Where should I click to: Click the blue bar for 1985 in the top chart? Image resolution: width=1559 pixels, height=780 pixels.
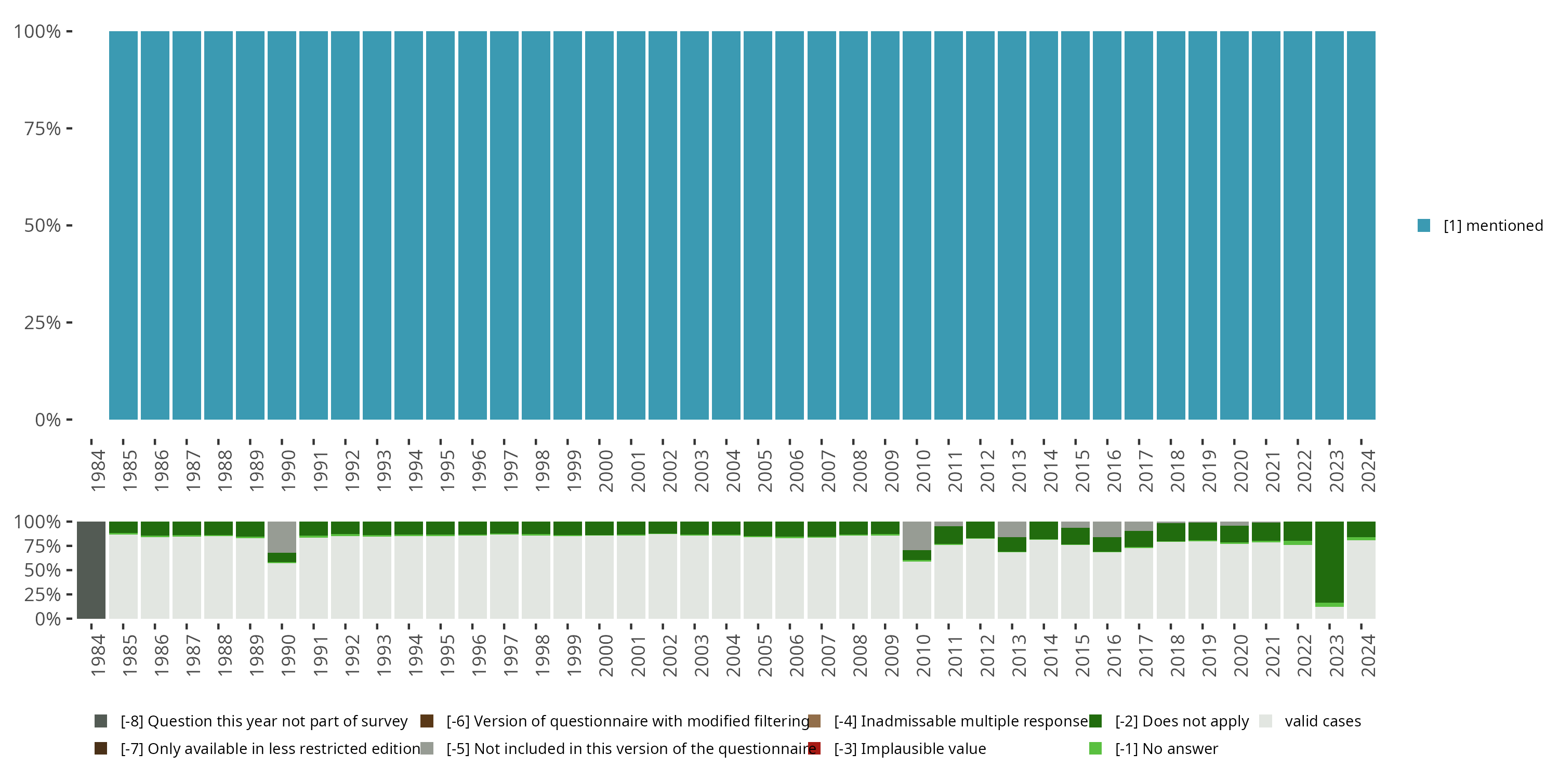[124, 225]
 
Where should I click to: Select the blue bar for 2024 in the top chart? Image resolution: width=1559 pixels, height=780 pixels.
[1361, 225]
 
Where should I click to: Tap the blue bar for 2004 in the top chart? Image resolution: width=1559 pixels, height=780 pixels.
[726, 225]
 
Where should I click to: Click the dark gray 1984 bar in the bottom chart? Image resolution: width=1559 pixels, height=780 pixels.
[91, 570]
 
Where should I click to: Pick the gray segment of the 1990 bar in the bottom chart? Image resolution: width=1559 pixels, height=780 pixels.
[282, 537]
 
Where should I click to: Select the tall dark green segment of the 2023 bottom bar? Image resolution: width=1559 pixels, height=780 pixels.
[1330, 562]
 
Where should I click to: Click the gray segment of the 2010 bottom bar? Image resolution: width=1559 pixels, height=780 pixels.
[917, 536]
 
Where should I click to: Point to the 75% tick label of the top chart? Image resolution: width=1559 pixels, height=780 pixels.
[43, 128]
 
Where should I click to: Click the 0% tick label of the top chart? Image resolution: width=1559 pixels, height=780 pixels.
[48, 420]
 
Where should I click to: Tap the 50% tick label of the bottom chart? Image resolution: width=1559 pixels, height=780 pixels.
[43, 570]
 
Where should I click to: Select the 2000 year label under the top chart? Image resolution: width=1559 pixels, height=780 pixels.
[606, 471]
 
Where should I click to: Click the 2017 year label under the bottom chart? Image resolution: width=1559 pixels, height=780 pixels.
[1146, 655]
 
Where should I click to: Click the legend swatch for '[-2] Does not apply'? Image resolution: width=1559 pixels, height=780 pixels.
[1095, 721]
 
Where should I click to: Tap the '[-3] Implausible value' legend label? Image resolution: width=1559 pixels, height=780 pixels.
[909, 748]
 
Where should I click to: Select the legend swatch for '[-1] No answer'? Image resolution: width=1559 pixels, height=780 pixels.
[1095, 748]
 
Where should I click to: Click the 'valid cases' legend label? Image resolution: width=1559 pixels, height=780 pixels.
[1323, 721]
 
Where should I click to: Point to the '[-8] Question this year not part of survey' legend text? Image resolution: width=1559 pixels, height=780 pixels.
[264, 721]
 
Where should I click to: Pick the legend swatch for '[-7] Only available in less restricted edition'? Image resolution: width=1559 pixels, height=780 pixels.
[101, 748]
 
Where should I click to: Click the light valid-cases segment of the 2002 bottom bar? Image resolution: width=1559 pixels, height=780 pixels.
[663, 575]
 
